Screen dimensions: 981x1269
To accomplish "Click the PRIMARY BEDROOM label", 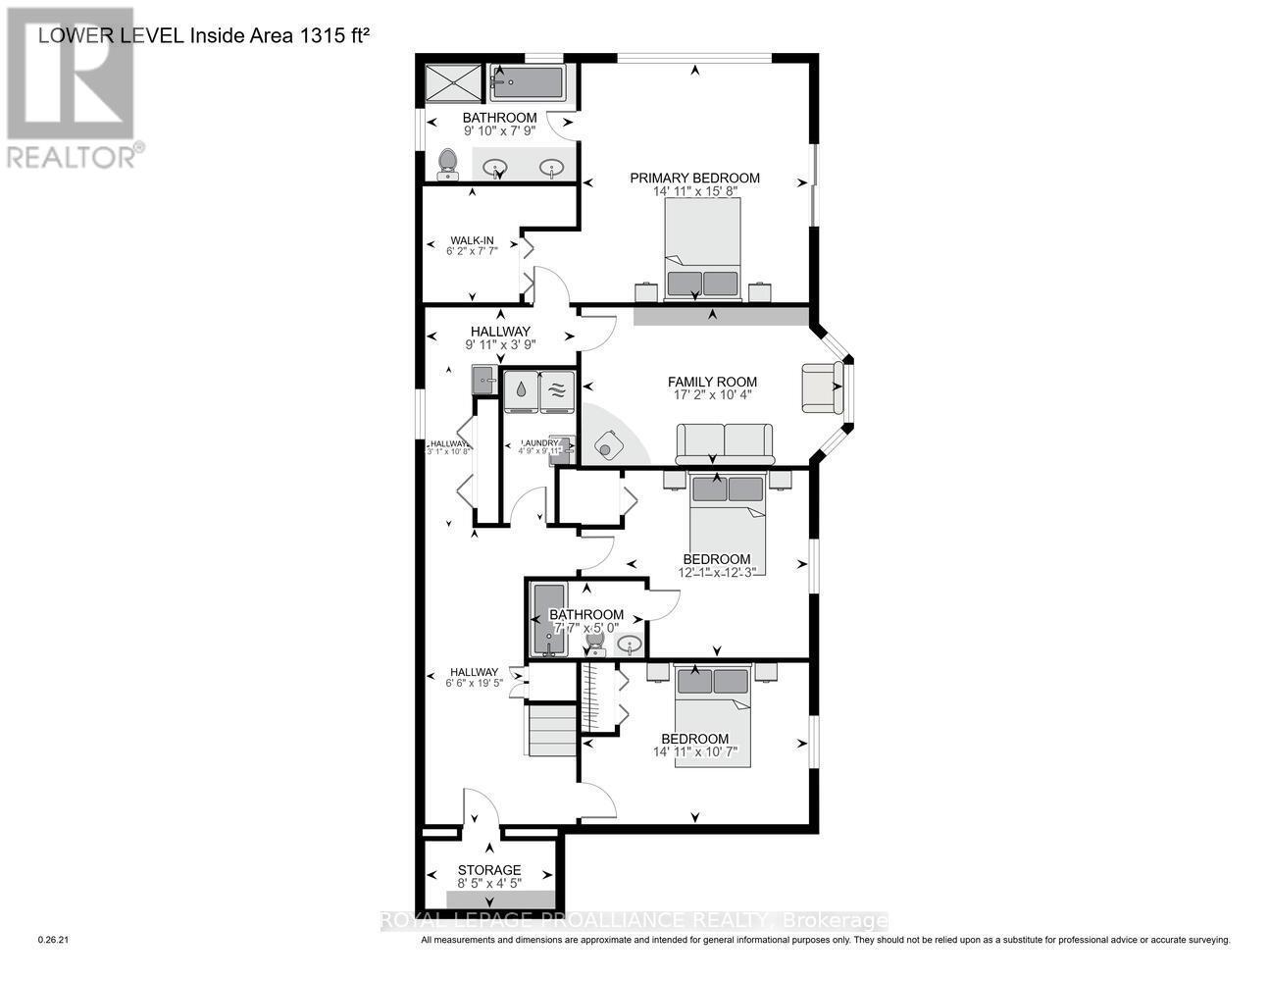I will [694, 178].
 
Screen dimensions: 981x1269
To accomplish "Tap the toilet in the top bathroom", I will [448, 163].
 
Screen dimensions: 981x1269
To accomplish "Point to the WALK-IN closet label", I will [472, 240].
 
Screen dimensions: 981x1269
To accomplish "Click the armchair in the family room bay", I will [822, 387].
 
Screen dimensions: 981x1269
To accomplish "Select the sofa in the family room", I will [724, 443].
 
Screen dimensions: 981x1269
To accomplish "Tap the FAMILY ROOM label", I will [712, 382].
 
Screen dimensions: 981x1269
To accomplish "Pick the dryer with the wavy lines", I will [556, 388].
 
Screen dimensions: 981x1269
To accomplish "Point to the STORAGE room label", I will [489, 870].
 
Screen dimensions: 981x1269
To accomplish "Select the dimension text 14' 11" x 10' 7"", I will [694, 753].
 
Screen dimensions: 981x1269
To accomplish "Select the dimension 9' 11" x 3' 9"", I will [499, 344].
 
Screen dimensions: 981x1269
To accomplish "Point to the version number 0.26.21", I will [54, 940].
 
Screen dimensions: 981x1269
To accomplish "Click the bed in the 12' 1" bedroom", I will [727, 520].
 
